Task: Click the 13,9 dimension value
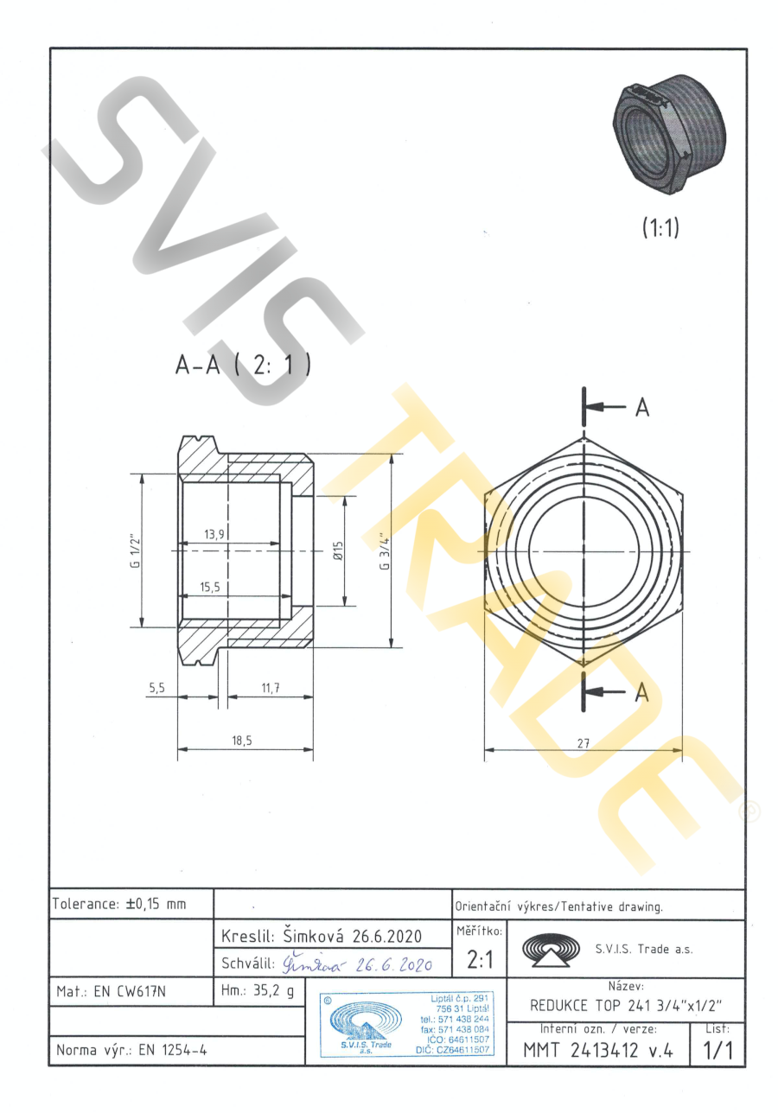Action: pos(214,534)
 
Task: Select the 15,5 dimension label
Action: pos(210,587)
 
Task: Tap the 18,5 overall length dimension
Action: pos(241,741)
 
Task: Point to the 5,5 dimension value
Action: pos(156,688)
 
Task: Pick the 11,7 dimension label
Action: pos(271,688)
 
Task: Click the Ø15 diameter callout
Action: pos(338,551)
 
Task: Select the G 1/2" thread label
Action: pos(136,551)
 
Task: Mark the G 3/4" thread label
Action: pos(385,551)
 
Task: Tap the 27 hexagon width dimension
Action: pos(583,743)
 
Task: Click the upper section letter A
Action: pos(642,408)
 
